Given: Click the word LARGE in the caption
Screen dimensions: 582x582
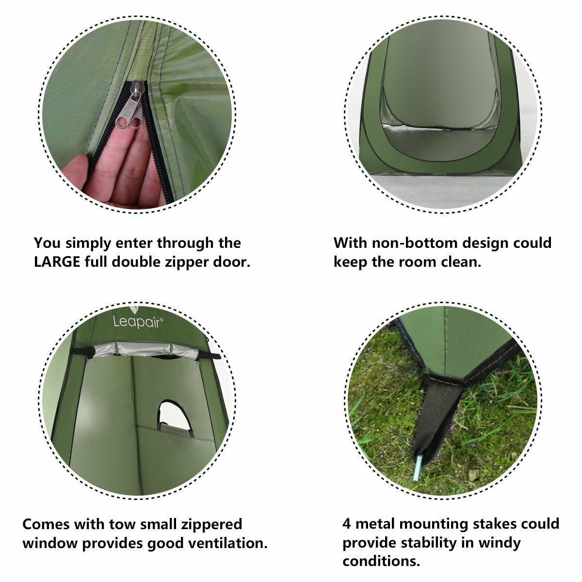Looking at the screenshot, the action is (57, 262).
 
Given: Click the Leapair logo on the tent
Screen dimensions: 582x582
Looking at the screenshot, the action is (138, 322).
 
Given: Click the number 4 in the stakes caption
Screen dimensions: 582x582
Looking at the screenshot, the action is (347, 524).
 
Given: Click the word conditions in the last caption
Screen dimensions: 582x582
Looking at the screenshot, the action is (381, 562).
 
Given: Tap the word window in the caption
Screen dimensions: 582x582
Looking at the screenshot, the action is (50, 543).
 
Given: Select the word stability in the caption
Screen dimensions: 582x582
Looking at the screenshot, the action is (429, 543).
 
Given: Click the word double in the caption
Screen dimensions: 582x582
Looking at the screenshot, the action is (138, 262).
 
